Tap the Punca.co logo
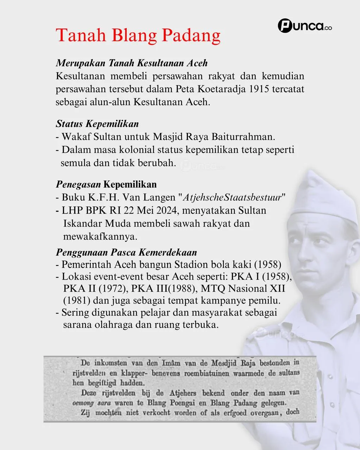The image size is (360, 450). [304, 26]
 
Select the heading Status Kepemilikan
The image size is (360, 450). [97, 124]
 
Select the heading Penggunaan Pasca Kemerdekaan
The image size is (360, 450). [126, 252]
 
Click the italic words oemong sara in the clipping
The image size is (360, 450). [92, 403]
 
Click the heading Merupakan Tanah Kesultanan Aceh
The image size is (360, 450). [132, 63]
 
